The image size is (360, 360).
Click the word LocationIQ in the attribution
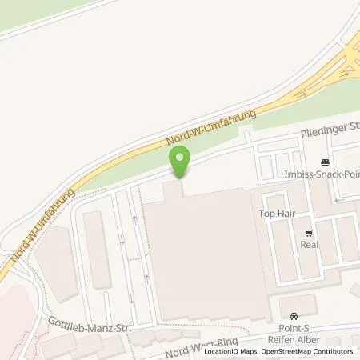click(220, 351)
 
